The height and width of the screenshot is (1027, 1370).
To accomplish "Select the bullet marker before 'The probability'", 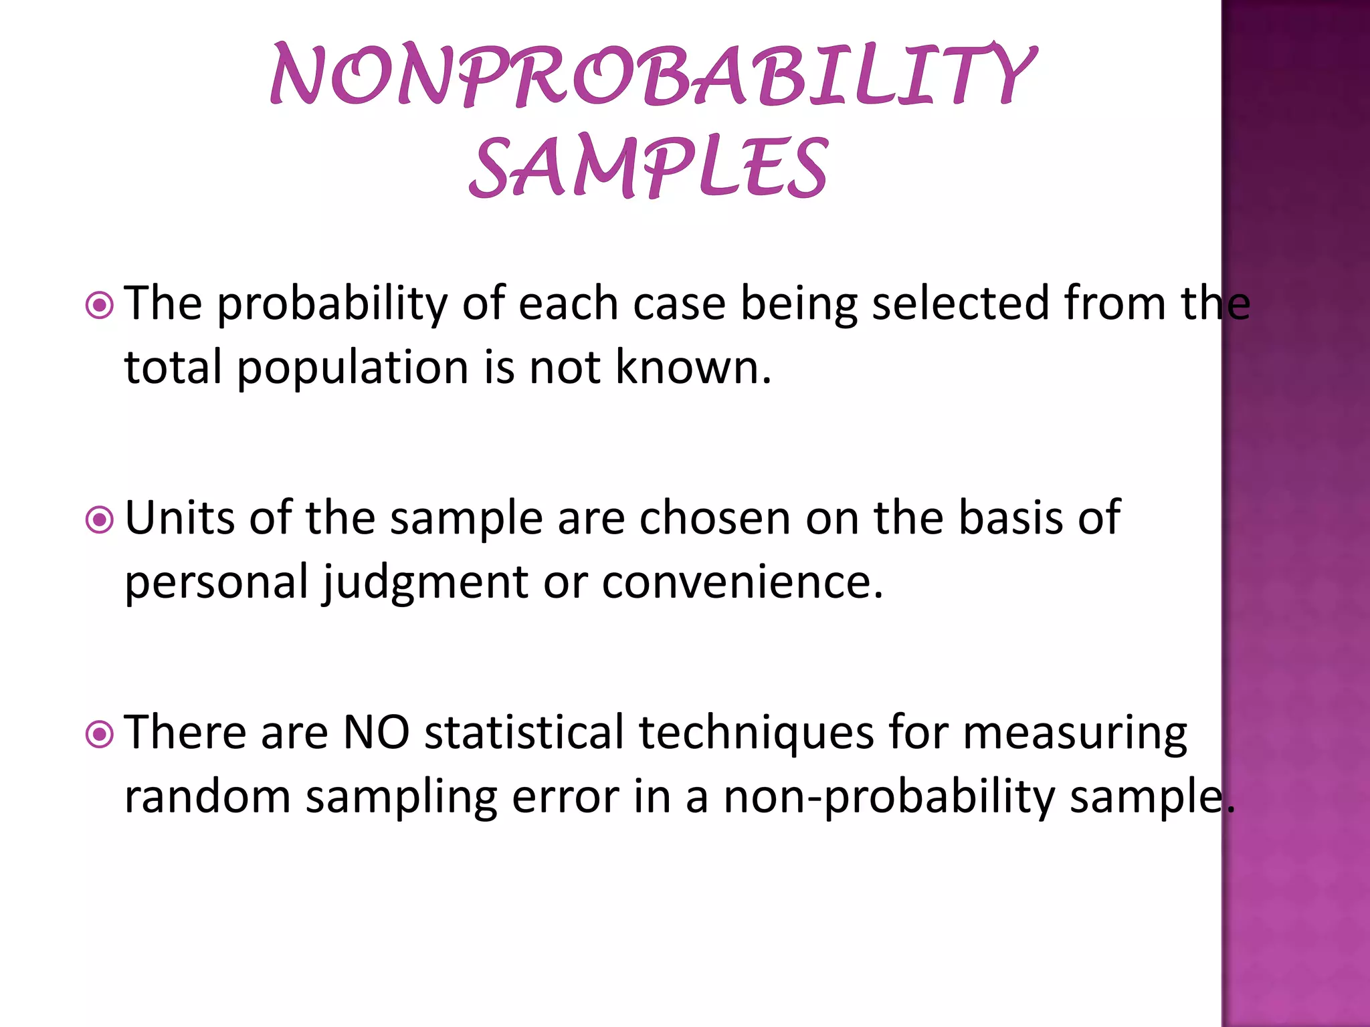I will point(100,306).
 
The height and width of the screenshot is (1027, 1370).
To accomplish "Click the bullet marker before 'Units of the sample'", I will point(100,520).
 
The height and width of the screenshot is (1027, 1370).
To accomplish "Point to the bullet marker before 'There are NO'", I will point(100,735).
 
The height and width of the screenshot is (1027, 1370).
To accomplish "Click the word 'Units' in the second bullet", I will point(180,518).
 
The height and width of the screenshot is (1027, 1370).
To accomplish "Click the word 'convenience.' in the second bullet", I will point(743,582).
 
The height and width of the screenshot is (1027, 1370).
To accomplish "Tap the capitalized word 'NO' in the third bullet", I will point(376,732).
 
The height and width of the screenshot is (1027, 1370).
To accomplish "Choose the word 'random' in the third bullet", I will point(207,797).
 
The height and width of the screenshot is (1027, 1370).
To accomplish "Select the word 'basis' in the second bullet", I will point(1010,518).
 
